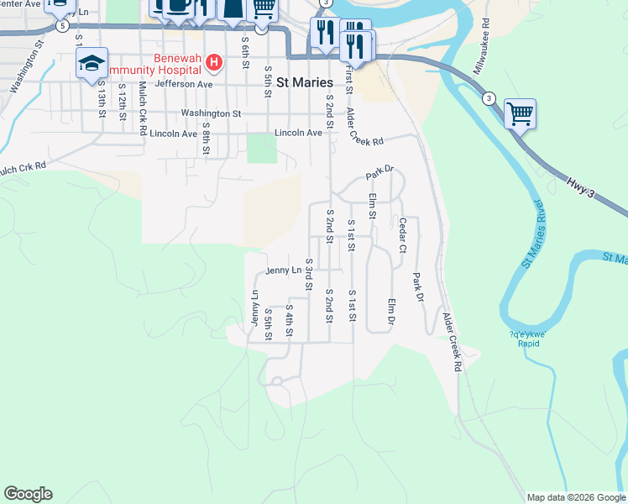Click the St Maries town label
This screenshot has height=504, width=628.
304,82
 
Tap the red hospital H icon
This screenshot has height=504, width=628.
214,62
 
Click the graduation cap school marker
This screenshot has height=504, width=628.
92,63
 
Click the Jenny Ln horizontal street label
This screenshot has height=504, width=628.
283,270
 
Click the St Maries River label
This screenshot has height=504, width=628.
538,234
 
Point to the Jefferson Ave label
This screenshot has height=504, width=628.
184,84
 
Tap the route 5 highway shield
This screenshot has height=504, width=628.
61,26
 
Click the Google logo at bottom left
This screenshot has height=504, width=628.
28,494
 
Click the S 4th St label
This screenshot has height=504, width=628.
289,321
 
